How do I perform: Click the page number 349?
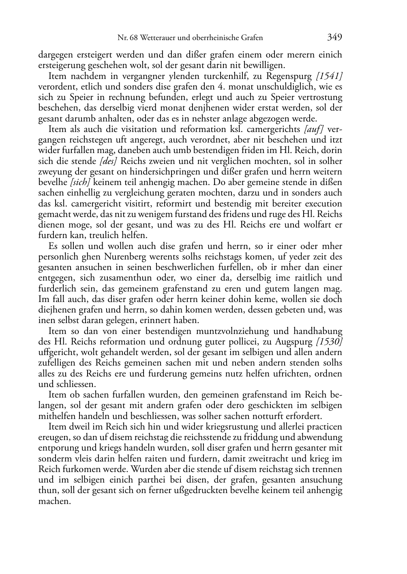tap(334, 37)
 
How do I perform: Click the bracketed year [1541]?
tap(329, 76)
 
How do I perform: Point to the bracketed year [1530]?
tap(329, 342)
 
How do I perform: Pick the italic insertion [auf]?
tap(313, 129)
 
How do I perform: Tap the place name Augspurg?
tap(294, 342)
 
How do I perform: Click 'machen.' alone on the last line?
tap(54, 501)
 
